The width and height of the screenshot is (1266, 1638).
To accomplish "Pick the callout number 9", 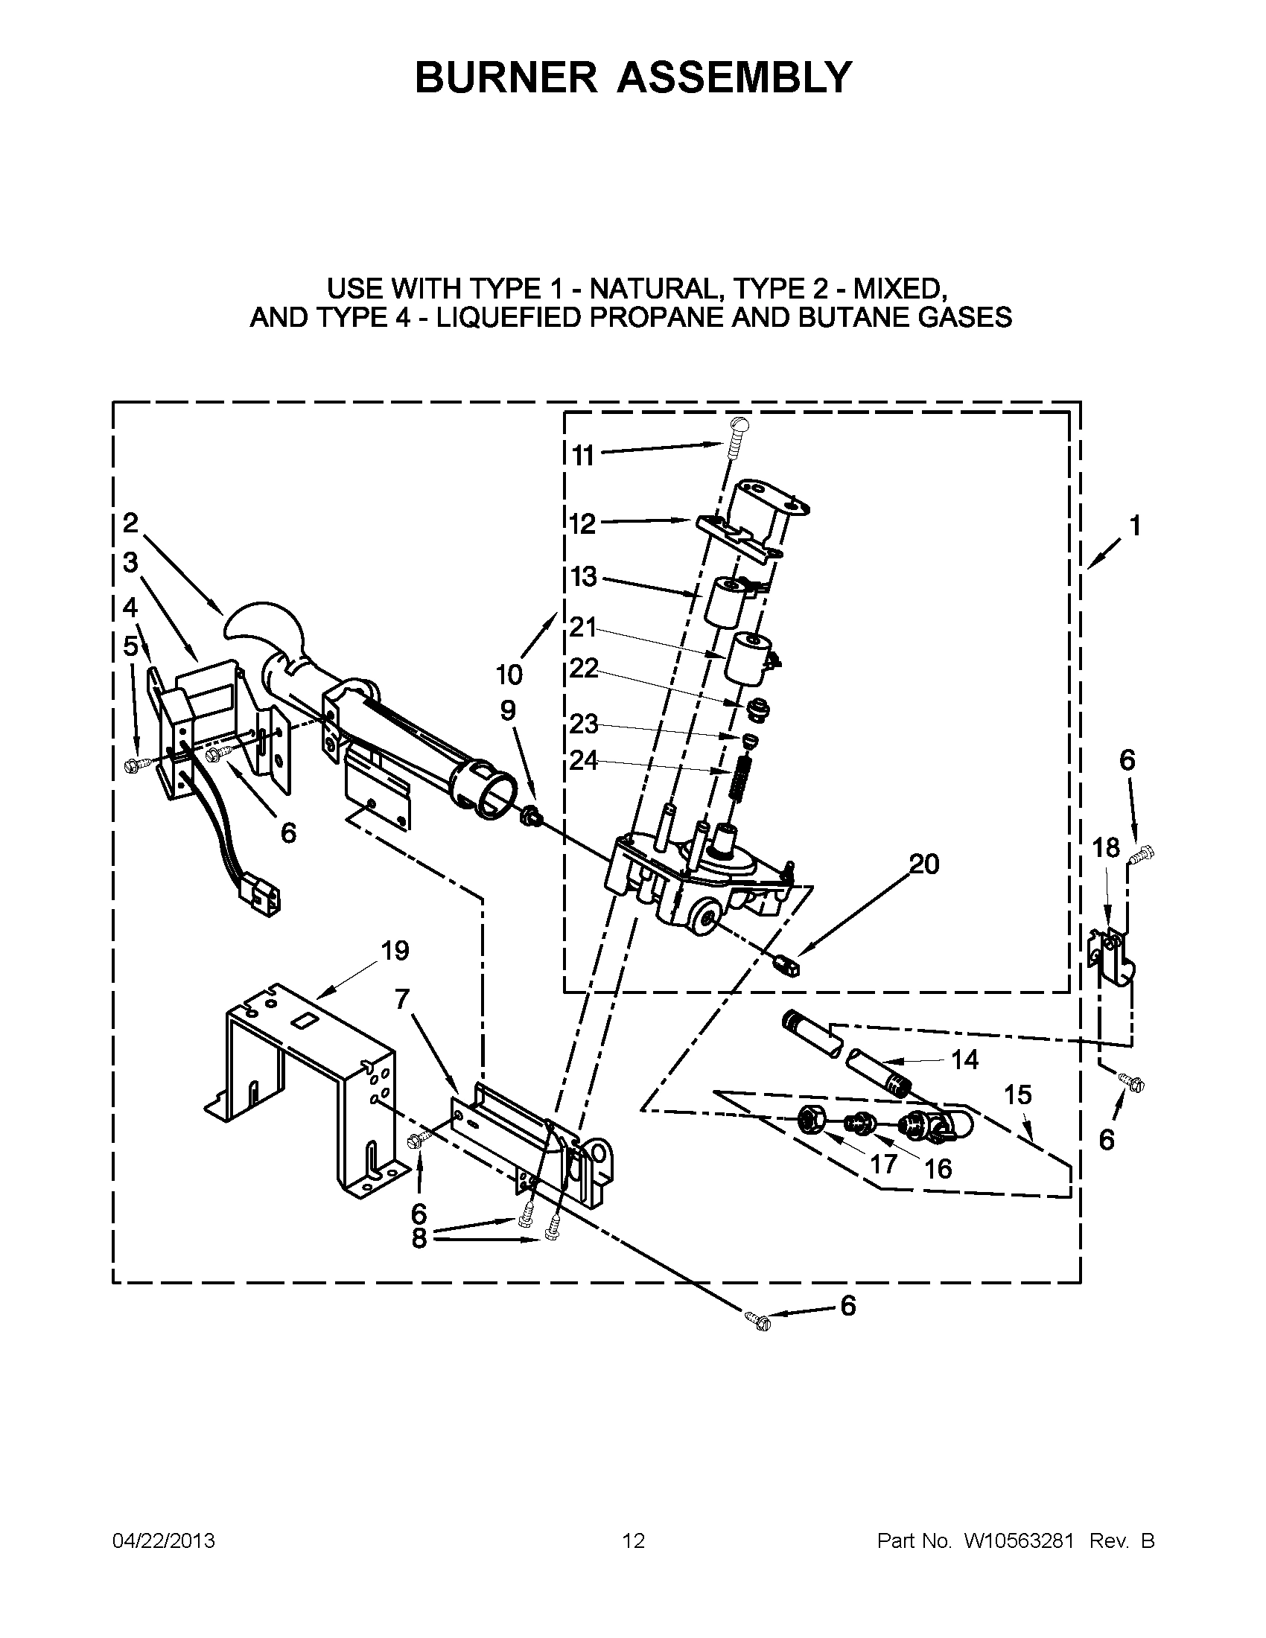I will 508,710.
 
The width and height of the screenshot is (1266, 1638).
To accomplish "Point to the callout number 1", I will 1135,526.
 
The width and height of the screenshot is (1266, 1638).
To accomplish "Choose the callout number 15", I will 1018,1095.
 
